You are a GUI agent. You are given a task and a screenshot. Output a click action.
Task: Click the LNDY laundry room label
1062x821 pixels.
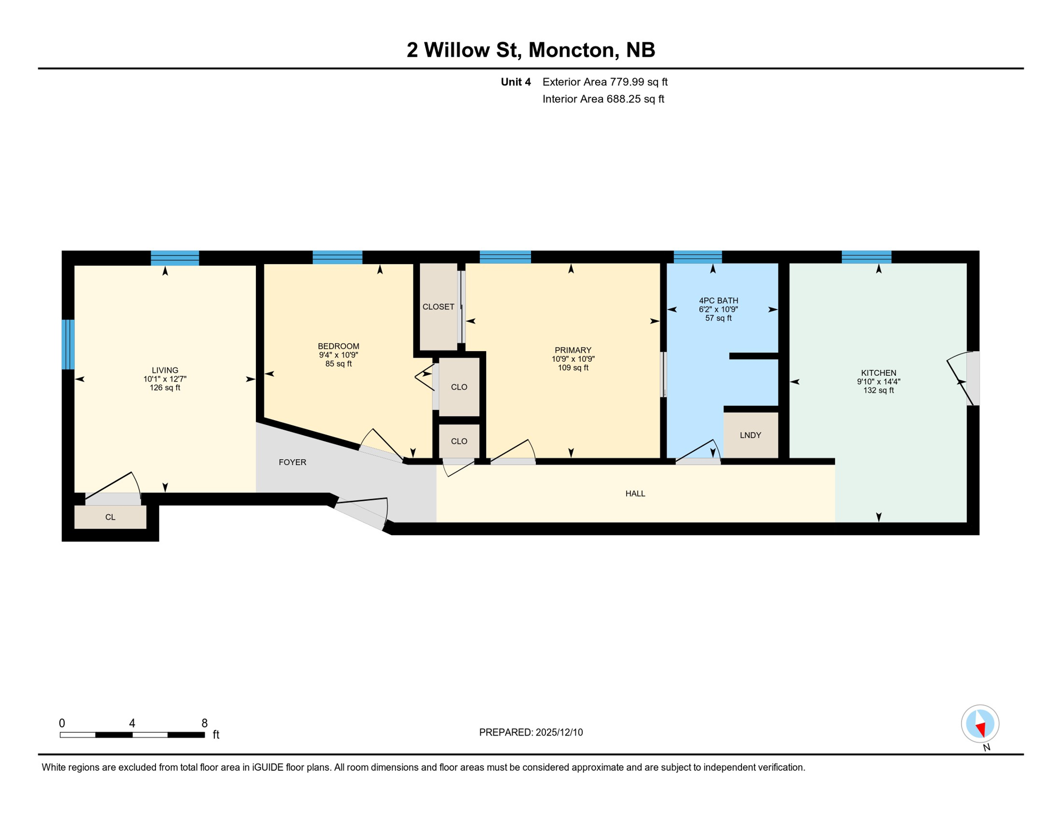750,435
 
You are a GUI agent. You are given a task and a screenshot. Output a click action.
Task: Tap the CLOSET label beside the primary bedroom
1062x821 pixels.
438,307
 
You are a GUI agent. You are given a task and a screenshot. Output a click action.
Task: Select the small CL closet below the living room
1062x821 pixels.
110,517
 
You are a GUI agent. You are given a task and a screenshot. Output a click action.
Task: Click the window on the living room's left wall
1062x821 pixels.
68,344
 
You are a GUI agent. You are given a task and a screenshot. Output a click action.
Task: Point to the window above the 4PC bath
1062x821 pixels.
698,257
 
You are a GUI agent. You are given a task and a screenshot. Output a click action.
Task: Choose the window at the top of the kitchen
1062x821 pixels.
866,257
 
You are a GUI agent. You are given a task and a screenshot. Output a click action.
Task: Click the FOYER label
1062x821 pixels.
292,462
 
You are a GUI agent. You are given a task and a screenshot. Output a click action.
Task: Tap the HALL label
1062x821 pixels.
635,493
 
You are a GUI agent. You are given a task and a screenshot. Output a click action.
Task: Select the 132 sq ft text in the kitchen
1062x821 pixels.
878,391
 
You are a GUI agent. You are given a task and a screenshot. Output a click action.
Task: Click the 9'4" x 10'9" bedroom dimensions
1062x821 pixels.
338,355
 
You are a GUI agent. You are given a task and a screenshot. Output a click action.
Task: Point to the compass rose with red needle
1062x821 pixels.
980,724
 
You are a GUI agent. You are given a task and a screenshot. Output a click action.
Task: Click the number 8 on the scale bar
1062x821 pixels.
204,723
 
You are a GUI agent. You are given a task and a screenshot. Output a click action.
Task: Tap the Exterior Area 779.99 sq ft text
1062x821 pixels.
605,82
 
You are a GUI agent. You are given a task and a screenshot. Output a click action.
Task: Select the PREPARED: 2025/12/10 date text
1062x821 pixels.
530,732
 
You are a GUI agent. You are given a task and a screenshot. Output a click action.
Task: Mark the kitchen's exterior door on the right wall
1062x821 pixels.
972,378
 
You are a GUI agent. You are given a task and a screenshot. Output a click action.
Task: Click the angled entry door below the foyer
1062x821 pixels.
361,513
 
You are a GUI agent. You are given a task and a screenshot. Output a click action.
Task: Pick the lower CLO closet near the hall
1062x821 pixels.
459,441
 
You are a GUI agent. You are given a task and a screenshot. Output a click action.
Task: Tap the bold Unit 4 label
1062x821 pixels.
516,82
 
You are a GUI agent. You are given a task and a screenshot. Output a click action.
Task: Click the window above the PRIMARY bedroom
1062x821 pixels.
505,257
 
